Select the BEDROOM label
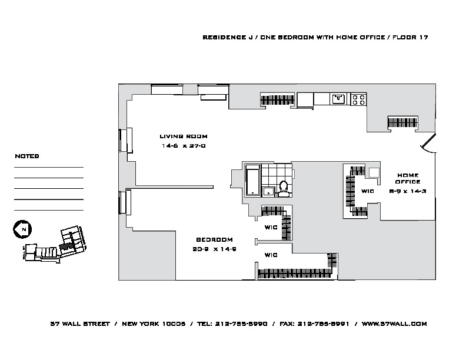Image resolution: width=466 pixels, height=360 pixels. click(214, 239)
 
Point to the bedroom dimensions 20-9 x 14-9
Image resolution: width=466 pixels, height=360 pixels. click(214, 249)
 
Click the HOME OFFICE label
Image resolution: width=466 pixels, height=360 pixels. click(408, 178)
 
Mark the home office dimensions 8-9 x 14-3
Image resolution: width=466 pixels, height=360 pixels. click(408, 191)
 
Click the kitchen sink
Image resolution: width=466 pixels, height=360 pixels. click(338, 99)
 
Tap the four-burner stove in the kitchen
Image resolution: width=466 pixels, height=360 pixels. click(358, 99)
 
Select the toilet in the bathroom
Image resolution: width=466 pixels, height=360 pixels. click(283, 187)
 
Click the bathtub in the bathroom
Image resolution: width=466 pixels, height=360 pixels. click(251, 181)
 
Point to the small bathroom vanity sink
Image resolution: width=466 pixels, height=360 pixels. click(268, 191)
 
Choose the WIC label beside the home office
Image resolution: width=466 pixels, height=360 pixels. click(368, 191)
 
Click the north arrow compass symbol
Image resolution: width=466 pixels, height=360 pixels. click(22, 229)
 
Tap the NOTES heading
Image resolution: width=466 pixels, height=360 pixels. click(26, 157)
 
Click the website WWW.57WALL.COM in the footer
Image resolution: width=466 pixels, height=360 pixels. click(394, 324)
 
